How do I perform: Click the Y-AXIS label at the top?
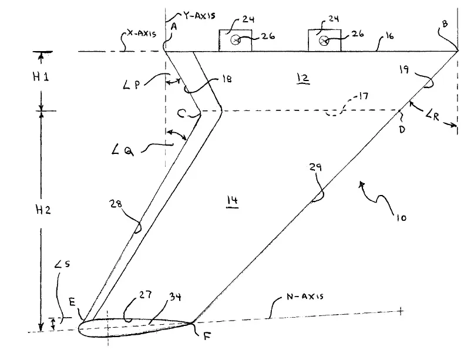(x=199, y=15)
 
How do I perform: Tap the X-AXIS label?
(x=142, y=33)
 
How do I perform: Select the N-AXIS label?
(x=305, y=296)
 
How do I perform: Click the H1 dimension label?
(x=41, y=77)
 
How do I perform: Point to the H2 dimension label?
(x=43, y=210)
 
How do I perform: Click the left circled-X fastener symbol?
(x=236, y=40)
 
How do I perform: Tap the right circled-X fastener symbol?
(x=324, y=40)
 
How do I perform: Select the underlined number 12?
(x=303, y=78)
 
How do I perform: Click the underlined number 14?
(x=232, y=201)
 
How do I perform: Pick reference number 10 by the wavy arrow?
(x=401, y=218)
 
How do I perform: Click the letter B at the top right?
(x=445, y=24)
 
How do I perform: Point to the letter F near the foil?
(x=207, y=336)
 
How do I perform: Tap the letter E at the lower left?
(x=72, y=302)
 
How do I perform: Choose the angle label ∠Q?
(x=122, y=150)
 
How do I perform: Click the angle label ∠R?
(x=432, y=116)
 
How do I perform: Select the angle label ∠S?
(x=62, y=264)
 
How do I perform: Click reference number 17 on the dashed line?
(x=363, y=96)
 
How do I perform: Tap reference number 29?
(x=315, y=167)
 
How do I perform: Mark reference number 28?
(x=116, y=204)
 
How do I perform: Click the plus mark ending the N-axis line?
(x=400, y=311)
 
